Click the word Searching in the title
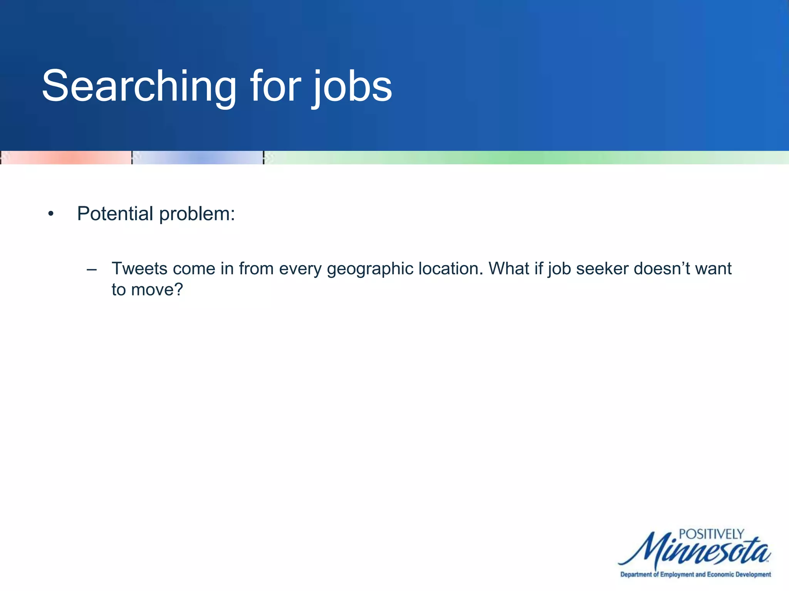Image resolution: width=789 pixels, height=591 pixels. (x=139, y=87)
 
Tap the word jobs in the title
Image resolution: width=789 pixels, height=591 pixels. (x=353, y=87)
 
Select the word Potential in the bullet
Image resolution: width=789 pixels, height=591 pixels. (x=115, y=214)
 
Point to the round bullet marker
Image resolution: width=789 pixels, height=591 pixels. (x=51, y=214)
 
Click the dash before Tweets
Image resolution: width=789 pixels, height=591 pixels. (x=92, y=269)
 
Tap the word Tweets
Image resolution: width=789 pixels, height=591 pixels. (x=139, y=269)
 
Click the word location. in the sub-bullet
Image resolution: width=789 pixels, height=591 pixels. (x=450, y=269)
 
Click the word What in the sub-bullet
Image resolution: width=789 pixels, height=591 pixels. (x=509, y=269)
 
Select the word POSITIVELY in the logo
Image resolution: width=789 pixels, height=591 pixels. (x=711, y=534)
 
